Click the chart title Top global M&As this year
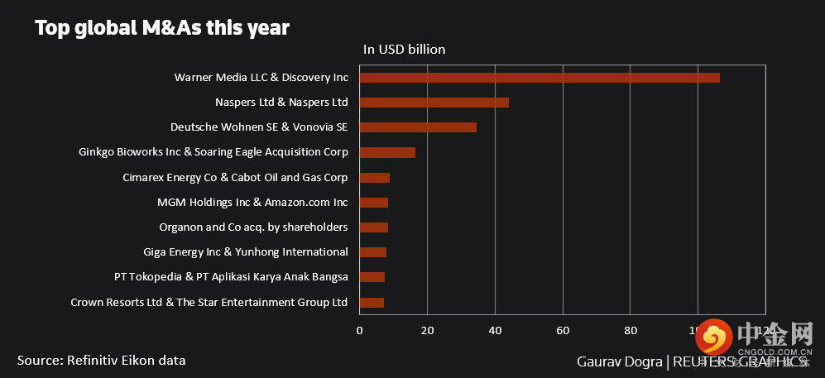point(161,28)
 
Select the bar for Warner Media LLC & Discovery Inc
point(539,78)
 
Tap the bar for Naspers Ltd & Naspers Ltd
point(434,103)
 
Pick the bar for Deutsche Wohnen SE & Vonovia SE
point(418,127)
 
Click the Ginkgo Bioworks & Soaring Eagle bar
point(387,152)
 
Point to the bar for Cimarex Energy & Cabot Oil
point(374,178)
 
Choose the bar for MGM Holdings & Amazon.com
point(373,203)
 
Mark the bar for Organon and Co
point(373,227)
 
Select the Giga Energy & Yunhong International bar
point(372,252)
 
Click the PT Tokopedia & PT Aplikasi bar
point(372,277)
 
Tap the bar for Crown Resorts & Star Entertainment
point(372,303)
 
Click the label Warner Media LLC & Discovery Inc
point(261,78)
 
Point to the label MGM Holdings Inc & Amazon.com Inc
point(252,203)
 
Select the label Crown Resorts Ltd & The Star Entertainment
point(209,303)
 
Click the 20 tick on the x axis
point(427,331)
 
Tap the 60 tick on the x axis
point(563,331)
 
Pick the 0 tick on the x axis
point(359,331)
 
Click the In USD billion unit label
point(404,50)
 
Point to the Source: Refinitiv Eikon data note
point(101,360)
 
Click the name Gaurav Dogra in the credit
point(619,362)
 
